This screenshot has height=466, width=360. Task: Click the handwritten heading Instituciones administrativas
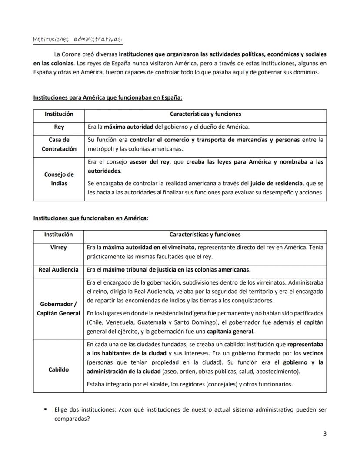pos(78,40)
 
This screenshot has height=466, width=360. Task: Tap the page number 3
pos(325,433)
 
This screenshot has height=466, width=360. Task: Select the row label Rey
pos(59,127)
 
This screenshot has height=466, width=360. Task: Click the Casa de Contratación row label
pos(59,144)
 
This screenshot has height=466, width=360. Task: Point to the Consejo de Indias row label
pos(59,179)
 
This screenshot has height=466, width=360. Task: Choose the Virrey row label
pos(58,247)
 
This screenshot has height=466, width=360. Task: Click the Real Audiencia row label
pos(58,269)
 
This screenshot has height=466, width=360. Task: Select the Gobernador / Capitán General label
pos(58,308)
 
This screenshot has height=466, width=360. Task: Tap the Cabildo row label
pos(58,369)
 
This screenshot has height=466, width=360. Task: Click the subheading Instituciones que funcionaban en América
pos(90,218)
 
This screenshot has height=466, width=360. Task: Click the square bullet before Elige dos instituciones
pos(45,409)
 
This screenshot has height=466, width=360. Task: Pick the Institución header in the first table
pos(59,114)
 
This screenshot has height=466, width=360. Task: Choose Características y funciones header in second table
pos(205,235)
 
